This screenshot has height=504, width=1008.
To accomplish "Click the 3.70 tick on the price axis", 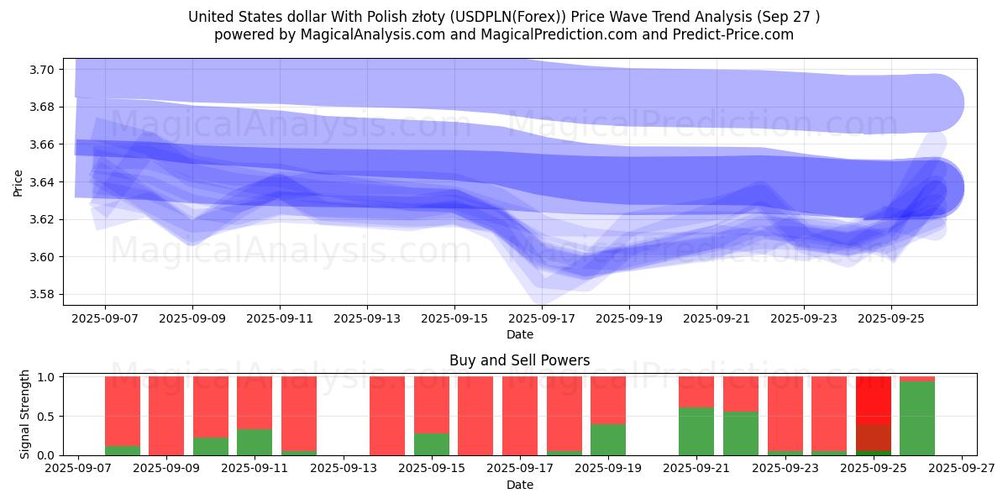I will (41, 70).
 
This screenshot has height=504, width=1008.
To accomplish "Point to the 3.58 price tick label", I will (41, 295).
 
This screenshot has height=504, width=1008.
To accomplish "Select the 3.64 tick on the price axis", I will (41, 182).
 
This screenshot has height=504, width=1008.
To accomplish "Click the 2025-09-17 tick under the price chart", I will (542, 319).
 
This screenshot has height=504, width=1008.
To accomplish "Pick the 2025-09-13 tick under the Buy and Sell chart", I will (344, 468).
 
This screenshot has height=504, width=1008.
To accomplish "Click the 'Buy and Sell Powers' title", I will (519, 360).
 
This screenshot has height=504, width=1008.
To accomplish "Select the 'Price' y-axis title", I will (18, 182).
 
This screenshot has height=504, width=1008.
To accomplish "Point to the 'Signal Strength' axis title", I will (25, 414).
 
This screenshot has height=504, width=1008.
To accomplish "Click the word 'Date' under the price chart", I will (519, 334).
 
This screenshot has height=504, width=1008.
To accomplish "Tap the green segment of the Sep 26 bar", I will (917, 418).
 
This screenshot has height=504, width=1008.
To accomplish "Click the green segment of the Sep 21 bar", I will (696, 431).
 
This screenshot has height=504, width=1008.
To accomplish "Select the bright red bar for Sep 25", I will (873, 399).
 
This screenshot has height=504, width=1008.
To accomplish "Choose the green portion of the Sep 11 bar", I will (255, 443).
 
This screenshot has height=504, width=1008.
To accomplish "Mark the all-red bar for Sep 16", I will (475, 416).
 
